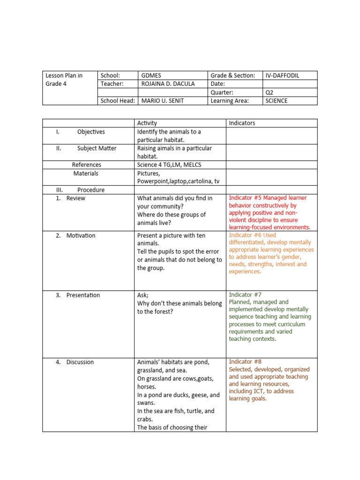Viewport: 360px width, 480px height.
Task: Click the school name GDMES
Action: point(151,75)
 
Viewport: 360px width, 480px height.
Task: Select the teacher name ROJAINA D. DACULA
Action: point(168,84)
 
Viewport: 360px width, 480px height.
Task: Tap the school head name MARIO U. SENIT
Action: point(162,101)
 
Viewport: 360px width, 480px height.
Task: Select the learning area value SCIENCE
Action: point(277,101)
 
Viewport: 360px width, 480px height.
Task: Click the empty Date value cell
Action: point(290,84)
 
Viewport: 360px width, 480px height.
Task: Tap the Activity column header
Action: point(147,123)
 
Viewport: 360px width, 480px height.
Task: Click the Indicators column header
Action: point(242,123)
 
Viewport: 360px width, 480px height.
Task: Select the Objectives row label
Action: point(91,132)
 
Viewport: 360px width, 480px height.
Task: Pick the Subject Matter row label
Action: point(97,149)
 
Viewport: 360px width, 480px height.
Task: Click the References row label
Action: point(86,165)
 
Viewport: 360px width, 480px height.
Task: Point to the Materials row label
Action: point(86,173)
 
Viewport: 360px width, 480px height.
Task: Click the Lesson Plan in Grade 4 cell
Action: point(64,80)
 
